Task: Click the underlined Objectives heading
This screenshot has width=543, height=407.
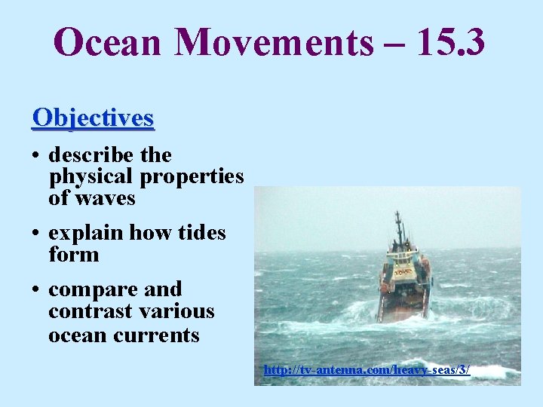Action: [93, 118]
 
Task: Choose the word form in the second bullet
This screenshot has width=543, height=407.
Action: [73, 255]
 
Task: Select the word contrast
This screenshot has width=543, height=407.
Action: [87, 311]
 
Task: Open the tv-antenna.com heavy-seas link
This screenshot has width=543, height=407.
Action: [367, 370]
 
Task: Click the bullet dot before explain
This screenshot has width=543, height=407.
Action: [36, 234]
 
